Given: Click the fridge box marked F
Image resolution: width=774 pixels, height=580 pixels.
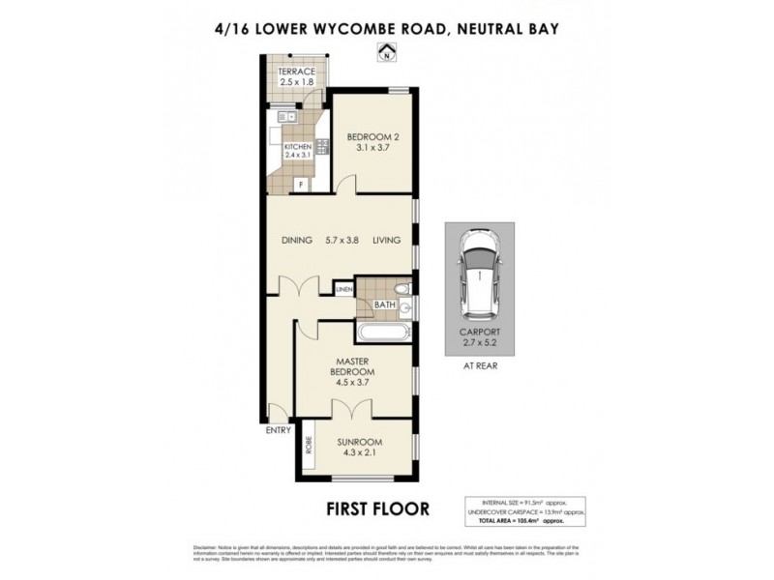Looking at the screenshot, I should pyautogui.click(x=301, y=183).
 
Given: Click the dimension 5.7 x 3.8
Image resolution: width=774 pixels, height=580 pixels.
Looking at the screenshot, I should pyautogui.click(x=342, y=241).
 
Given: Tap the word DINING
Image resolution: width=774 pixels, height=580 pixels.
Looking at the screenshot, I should pyautogui.click(x=298, y=241).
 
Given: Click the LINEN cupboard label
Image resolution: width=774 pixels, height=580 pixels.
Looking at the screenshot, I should pyautogui.click(x=343, y=289).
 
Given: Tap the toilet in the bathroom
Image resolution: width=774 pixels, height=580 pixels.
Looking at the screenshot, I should pyautogui.click(x=402, y=289).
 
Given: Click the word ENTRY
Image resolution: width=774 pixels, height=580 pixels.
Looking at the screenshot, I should pyautogui.click(x=278, y=430).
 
